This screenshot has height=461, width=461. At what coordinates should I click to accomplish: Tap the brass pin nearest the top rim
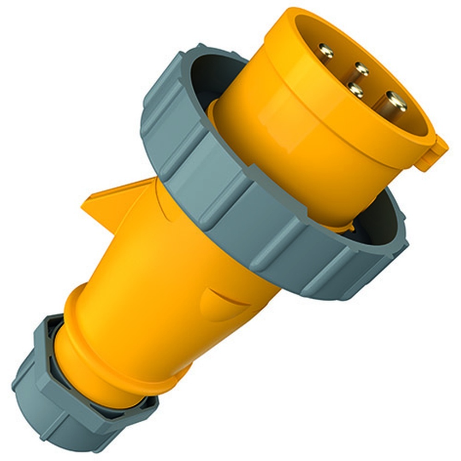pyautogui.click(x=326, y=50)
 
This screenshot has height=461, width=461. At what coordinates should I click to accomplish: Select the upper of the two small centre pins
pyautogui.click(x=361, y=69)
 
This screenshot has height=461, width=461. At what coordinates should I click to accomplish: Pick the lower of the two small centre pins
pyautogui.click(x=355, y=89)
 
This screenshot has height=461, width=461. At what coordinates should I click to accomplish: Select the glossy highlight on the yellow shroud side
pyautogui.click(x=277, y=120)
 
